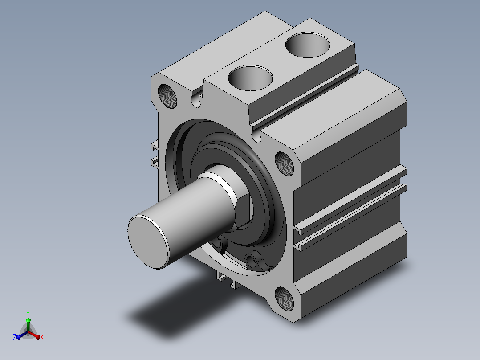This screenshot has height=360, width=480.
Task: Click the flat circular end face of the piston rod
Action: pos(148,242)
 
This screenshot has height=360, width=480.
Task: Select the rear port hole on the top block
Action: pos(308,45)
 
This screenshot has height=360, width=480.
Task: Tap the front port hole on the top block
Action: pos(250,78)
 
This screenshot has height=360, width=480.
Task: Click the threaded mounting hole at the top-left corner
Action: pos(167,96)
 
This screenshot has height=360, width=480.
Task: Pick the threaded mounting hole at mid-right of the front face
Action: pos(284,164)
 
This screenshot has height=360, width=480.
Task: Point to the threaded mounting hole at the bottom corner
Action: pos(284,299)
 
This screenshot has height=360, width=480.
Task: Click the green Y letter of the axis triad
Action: pos(28,313)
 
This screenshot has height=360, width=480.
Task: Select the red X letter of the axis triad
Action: pos(42,337)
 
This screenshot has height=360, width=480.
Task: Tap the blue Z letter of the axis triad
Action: pos(14,337)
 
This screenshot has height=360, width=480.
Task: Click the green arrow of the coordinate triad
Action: pos(28,324)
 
